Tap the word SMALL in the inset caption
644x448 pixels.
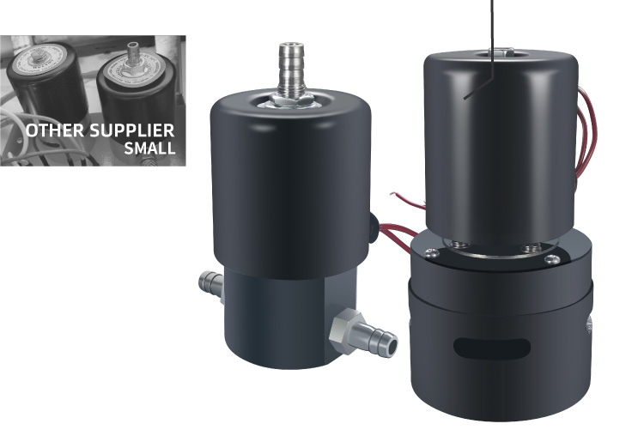tap(149, 148)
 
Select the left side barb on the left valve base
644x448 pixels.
tap(210, 282)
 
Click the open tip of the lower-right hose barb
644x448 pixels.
tap(390, 344)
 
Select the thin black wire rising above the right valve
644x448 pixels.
tap(492, 26)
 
